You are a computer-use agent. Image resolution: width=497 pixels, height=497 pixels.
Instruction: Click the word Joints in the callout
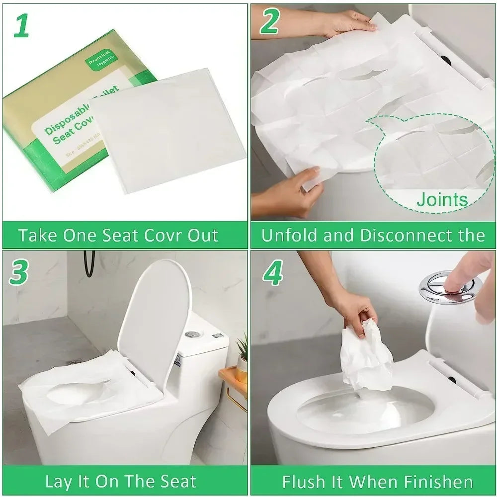[x=442, y=200]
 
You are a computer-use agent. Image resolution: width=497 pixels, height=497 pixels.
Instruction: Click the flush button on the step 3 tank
[x=191, y=334]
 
